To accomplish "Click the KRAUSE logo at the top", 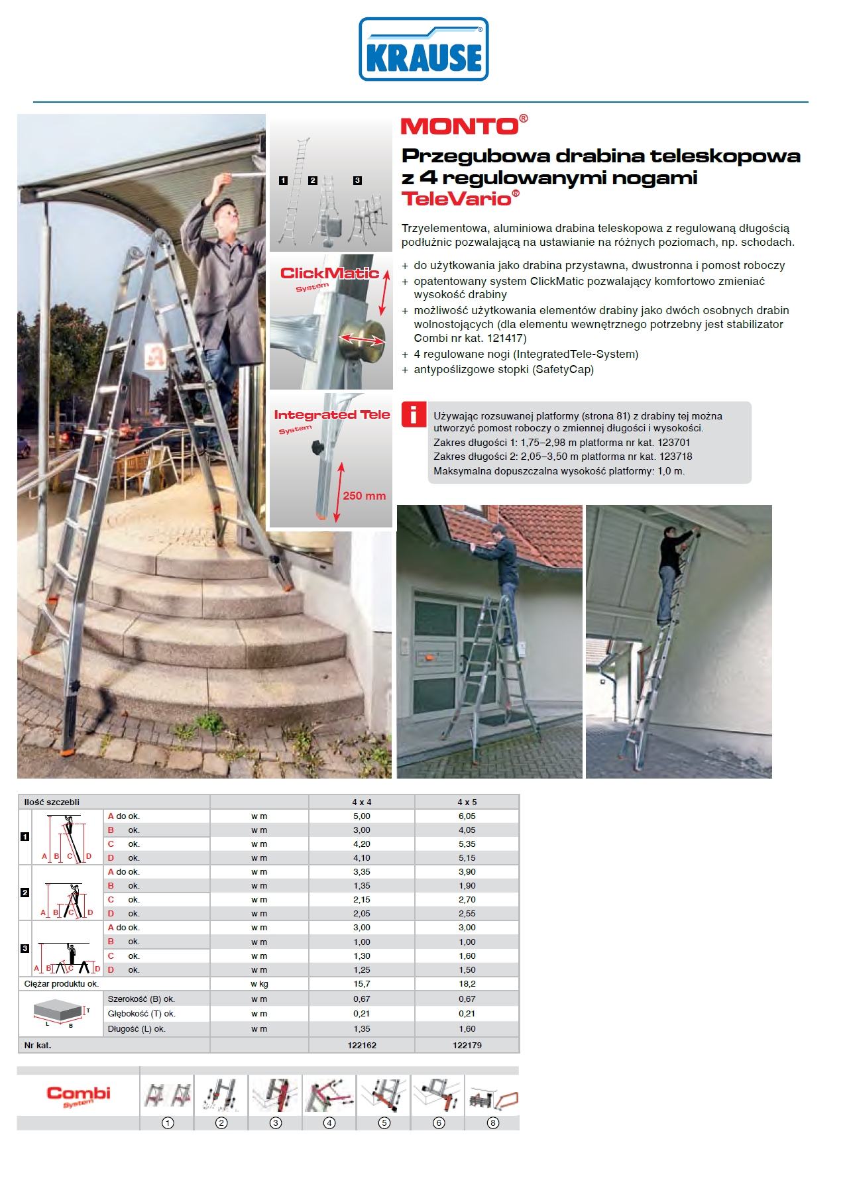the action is [x=423, y=50].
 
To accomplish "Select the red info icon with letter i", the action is [x=414, y=415].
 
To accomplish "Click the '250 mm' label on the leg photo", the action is [x=364, y=496].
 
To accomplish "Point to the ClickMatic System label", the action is [x=329, y=277].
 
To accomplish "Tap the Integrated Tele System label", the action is [x=331, y=420].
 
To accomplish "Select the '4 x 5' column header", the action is [x=467, y=802].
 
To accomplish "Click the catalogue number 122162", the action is [x=362, y=1045].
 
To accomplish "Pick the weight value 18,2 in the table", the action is [x=467, y=984].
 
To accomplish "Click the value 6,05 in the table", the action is [x=467, y=816].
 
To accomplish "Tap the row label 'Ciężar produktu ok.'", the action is [x=62, y=984].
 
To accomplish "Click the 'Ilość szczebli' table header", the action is [x=52, y=802].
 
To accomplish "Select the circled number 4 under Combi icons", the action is [x=329, y=1122].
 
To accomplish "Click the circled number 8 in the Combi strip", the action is [x=492, y=1122].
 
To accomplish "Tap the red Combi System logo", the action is [x=78, y=1096].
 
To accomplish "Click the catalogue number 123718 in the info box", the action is [x=676, y=457].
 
